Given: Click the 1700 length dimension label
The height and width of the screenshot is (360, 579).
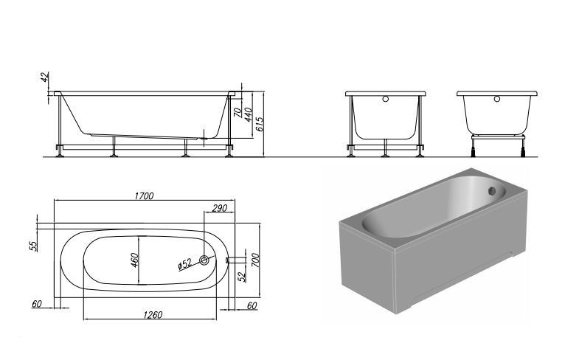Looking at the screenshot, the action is click(144, 195).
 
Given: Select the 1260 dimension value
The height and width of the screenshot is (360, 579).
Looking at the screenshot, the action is click(153, 314).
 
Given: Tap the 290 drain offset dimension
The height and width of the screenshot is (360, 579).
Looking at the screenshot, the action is click(219, 208).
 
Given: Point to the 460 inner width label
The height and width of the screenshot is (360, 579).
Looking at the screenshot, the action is click(134, 260).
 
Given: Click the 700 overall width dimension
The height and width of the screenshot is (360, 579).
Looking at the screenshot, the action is click(255, 260).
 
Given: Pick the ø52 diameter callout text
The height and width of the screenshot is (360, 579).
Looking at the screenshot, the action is click(184, 264).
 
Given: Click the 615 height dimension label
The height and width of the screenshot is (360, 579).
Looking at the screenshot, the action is click(259, 125).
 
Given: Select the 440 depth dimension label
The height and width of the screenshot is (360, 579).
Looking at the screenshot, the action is click(248, 114).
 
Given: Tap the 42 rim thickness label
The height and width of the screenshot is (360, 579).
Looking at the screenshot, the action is click(45, 77).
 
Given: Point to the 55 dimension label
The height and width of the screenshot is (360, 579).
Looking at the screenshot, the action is click(34, 246).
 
